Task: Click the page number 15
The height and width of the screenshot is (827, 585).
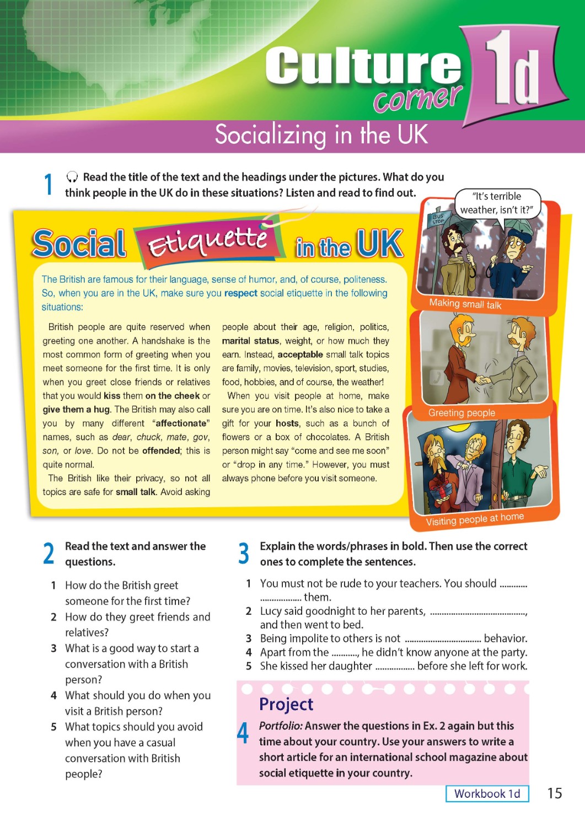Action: tap(554, 793)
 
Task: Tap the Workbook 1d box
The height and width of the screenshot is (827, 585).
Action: tap(487, 793)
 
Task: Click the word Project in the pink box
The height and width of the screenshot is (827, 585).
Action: tap(286, 704)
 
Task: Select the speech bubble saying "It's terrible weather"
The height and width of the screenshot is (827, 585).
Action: tap(497, 203)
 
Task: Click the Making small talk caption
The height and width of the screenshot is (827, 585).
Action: tap(465, 304)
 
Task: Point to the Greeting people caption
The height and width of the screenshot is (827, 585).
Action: tap(461, 412)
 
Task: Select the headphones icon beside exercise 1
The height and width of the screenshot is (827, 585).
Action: tap(72, 177)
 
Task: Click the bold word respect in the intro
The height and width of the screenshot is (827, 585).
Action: tap(240, 293)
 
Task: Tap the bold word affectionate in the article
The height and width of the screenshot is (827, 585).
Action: tap(182, 423)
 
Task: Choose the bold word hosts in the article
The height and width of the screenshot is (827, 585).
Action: tap(287, 423)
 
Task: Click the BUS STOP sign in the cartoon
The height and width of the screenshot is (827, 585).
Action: tap(438, 218)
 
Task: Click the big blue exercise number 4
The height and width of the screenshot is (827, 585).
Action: tap(243, 733)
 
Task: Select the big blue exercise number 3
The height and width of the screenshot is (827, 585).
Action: tap(244, 553)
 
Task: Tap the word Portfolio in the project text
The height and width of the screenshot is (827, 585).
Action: tap(280, 726)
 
